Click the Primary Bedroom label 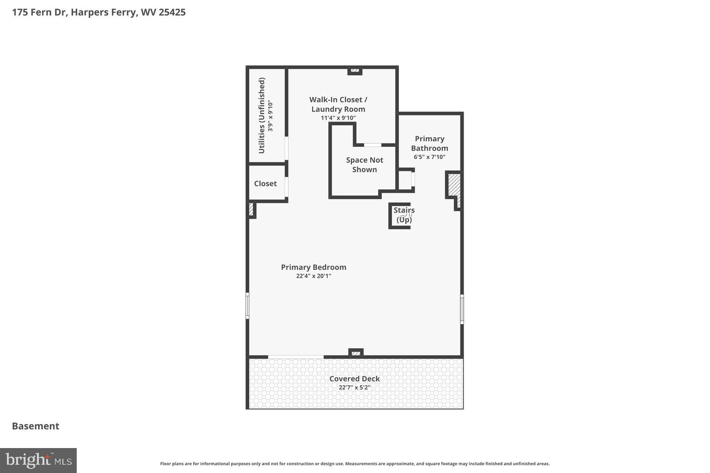313,267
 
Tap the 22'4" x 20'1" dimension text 313,276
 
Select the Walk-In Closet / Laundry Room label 338,104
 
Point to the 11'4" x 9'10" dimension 338,118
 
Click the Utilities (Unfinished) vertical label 262,115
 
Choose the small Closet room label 265,183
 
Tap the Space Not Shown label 364,165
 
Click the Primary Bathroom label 429,143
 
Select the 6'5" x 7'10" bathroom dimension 429,157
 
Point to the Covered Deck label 355,379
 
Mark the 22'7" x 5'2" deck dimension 355,388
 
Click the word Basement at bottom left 36,426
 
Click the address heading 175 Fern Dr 98,12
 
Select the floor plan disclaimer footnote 355,464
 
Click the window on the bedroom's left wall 247,306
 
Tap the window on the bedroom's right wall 462,309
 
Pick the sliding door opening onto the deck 296,357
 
